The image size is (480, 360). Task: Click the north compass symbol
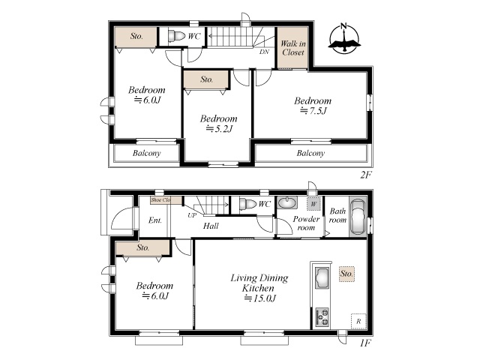tap(344, 38)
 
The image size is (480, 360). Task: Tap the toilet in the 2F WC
tap(177, 36)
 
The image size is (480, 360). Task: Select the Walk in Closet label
tap(293, 48)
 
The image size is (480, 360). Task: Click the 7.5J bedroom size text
tap(313, 110)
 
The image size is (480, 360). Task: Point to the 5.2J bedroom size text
tap(219, 128)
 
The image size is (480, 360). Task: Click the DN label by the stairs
tap(264, 52)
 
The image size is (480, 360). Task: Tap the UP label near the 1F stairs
tap(192, 215)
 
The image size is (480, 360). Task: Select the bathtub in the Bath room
tap(358, 217)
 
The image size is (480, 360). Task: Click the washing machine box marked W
tap(313, 203)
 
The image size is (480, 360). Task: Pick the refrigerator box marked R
tap(358, 321)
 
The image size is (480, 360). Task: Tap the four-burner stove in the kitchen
tap(322, 317)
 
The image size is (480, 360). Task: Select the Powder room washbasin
tap(287, 202)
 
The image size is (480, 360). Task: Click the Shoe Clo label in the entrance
tap(160, 200)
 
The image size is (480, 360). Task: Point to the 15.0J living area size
tap(260, 298)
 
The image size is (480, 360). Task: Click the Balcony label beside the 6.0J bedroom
tap(147, 153)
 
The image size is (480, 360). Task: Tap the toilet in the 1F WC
tap(248, 204)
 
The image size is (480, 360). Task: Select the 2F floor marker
tap(365, 175)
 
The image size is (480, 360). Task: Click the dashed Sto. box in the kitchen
tap(346, 274)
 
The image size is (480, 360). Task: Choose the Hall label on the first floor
tap(211, 226)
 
